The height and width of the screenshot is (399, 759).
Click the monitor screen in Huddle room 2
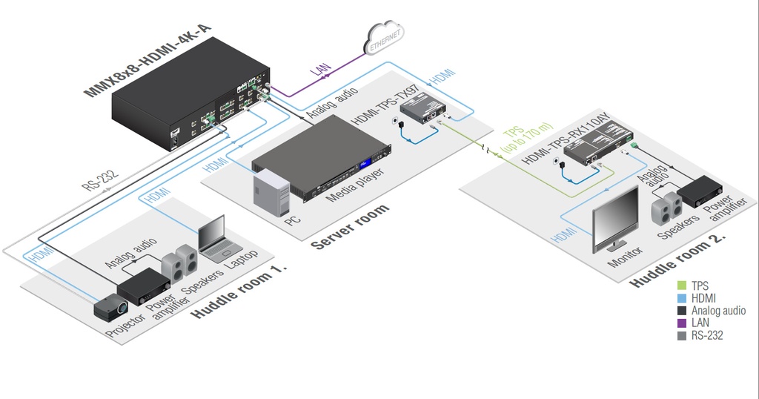(615, 218)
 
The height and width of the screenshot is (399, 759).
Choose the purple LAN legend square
(682, 323)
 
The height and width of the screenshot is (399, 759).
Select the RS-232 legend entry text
(707, 336)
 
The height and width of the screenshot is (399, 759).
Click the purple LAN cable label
(321, 70)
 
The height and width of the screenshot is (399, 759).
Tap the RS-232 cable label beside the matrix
(102, 179)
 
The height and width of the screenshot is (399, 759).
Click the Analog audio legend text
(718, 311)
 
